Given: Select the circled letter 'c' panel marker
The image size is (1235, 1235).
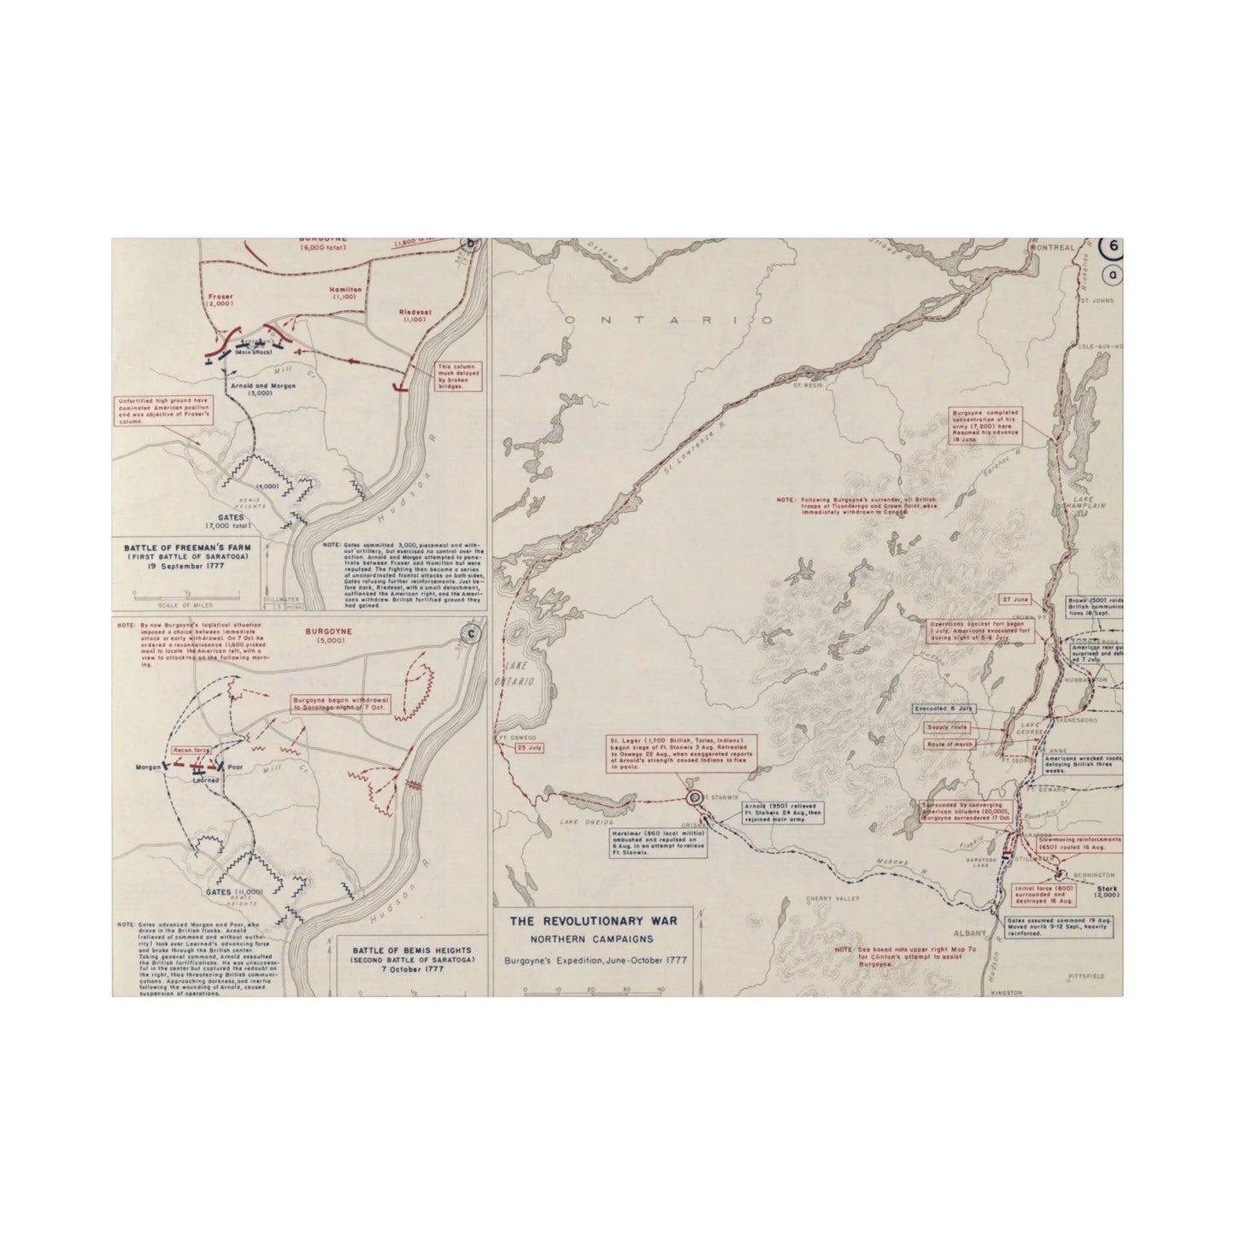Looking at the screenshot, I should tap(468, 633).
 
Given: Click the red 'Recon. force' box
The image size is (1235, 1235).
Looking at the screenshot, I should tap(192, 750).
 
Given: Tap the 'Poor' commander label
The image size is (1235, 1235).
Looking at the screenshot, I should tap(236, 767).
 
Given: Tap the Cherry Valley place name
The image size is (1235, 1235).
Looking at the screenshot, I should tap(826, 898).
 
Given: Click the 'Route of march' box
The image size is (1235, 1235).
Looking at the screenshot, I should tap(951, 744).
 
